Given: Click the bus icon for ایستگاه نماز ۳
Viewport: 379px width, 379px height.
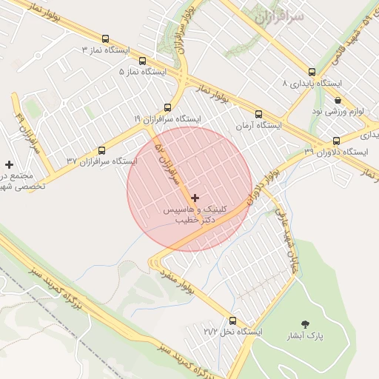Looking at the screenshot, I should tap(104, 38).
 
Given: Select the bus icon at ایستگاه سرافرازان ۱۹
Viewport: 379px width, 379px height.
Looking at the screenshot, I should tap(167, 107).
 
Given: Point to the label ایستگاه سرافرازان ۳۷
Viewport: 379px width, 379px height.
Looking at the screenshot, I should tap(101, 160).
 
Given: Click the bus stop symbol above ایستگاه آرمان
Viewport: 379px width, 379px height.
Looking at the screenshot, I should tap(258, 114).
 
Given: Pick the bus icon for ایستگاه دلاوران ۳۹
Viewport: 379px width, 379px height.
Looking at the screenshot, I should tap(336, 141).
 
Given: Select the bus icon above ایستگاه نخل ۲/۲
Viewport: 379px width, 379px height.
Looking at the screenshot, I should tap(233, 321).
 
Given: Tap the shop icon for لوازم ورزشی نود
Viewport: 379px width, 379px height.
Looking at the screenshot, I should tap(338, 100).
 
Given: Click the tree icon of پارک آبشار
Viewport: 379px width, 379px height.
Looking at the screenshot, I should tap(304, 323).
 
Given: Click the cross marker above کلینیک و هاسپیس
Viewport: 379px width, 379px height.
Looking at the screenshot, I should tap(195, 198).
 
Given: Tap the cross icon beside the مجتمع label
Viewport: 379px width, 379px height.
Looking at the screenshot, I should tap(9, 164).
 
